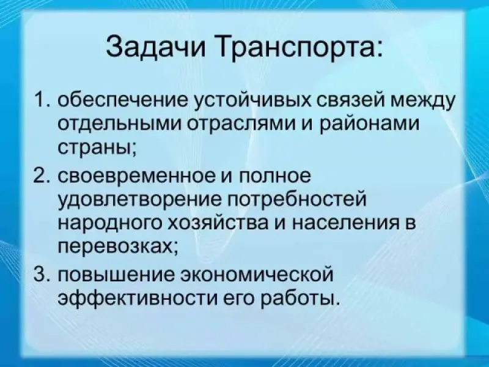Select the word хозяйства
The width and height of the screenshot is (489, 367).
click(x=218, y=224)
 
